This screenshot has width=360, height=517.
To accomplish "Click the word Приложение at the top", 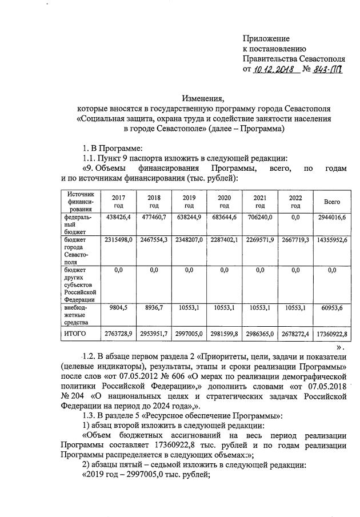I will [266, 38].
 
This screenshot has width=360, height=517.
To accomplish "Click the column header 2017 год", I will [118, 201].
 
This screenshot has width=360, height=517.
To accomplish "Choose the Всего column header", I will [332, 202].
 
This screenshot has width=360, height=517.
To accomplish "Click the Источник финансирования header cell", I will [80, 201].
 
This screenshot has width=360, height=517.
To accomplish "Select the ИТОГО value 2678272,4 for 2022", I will [295, 334].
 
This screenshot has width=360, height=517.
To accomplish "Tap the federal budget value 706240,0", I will [260, 218].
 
